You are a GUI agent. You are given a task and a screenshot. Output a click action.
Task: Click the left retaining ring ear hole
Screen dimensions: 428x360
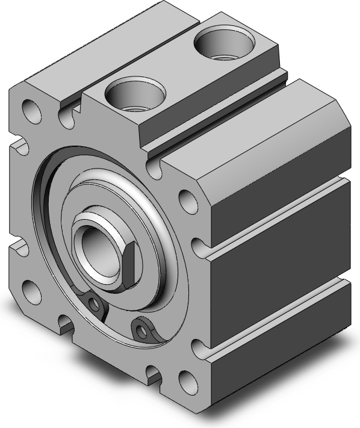pos(92,304)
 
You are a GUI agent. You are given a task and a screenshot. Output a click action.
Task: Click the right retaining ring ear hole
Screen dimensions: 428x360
pos(141,329)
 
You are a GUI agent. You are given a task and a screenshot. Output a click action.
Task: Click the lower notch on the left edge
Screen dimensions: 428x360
pos(18,246)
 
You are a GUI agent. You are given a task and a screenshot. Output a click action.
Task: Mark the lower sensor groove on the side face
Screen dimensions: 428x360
pos(277,319)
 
